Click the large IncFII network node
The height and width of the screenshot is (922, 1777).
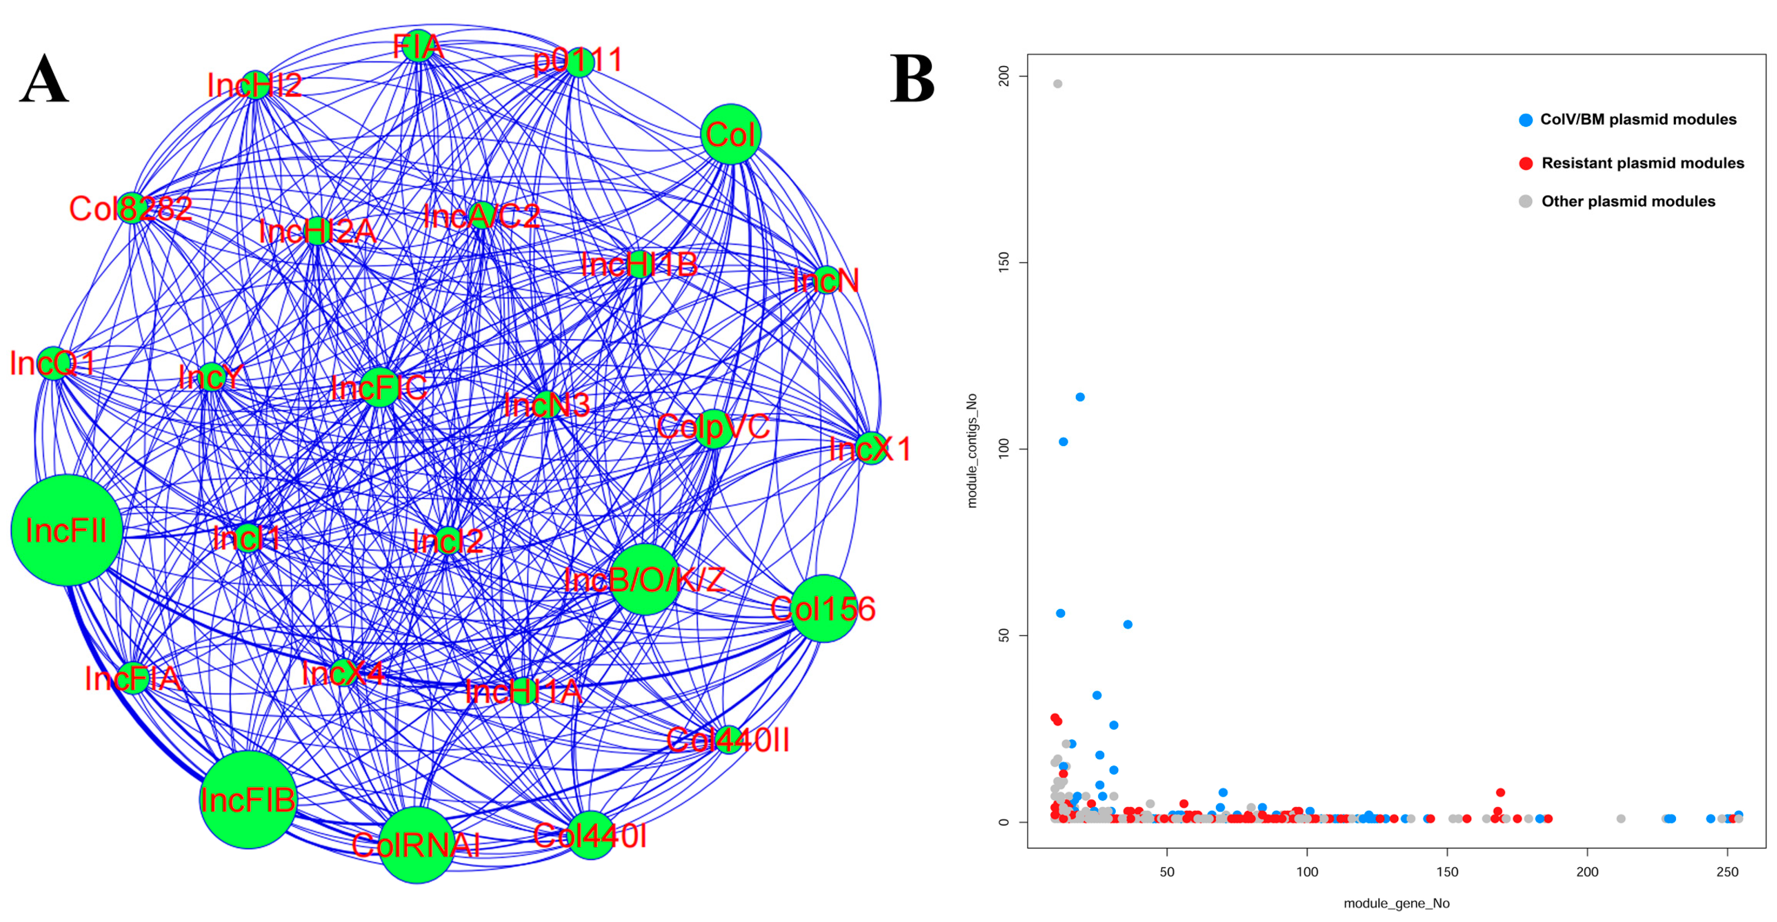tap(67, 530)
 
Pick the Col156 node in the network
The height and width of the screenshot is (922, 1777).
tap(824, 608)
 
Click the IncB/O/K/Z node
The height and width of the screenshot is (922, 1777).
tap(644, 579)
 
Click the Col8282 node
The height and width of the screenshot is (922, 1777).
tap(131, 207)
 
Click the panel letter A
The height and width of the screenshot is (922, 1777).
tap(44, 79)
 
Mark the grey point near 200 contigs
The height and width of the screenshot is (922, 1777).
tap(1058, 84)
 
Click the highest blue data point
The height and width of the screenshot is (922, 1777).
tap(1080, 397)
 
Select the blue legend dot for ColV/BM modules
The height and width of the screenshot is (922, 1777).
tap(1526, 120)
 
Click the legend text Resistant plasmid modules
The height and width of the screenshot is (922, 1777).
tap(1643, 163)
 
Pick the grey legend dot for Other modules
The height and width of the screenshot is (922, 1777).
tap(1526, 201)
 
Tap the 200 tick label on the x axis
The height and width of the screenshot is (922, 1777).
tap(1587, 872)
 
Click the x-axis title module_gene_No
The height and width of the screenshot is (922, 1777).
tap(1396, 903)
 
